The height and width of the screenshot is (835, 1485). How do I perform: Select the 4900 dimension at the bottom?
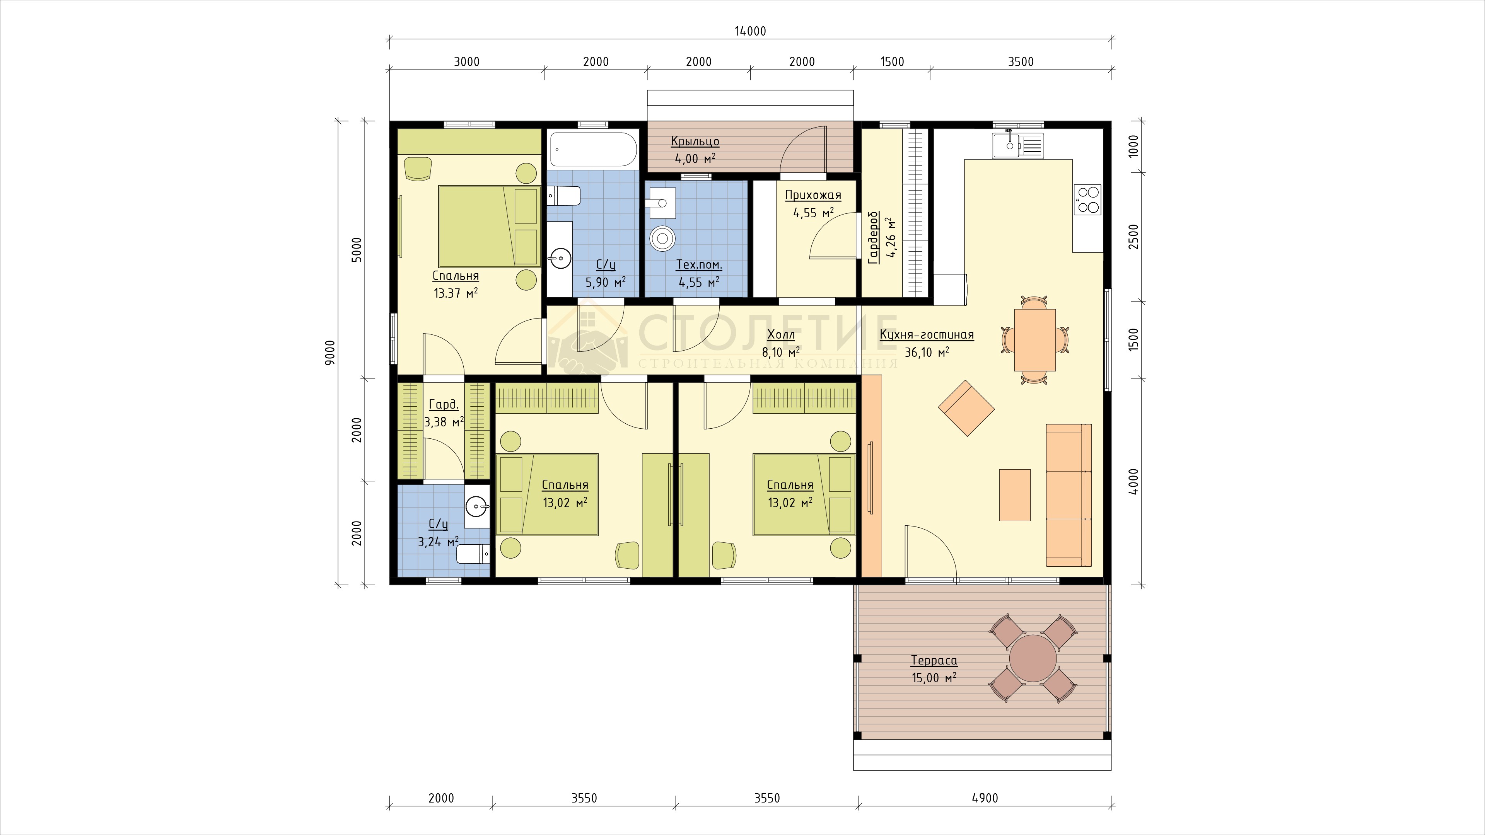[x=985, y=798]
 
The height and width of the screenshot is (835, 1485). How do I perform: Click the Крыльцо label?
[x=695, y=141]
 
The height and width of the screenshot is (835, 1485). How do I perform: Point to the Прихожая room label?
[x=813, y=195]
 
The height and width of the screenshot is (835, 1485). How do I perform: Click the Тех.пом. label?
[x=699, y=265]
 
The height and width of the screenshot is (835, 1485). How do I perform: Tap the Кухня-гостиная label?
[x=927, y=335]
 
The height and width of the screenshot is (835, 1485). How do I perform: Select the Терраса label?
[x=934, y=660]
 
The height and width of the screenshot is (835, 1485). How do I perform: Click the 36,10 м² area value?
[x=927, y=352]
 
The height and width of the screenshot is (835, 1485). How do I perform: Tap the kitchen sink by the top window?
[x=1017, y=145]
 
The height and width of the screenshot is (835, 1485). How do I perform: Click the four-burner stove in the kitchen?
[x=1087, y=200]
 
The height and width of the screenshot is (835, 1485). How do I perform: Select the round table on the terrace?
[x=1033, y=658]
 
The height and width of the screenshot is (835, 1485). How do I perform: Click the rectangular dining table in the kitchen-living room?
[x=1035, y=340]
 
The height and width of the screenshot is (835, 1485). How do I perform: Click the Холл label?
[x=781, y=335]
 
